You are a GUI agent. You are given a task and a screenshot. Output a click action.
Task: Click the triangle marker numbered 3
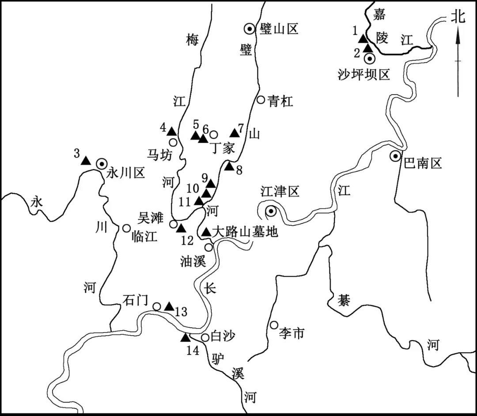pos(86,161)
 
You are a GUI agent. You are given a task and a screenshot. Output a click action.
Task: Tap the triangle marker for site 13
pos(169,306)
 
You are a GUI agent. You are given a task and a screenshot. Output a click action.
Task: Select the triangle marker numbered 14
pos(185,337)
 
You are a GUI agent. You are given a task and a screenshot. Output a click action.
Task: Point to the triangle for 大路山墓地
pos(207,232)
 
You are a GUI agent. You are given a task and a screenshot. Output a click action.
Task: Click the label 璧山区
pos(279,29)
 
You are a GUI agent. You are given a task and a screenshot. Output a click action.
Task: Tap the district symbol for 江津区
pos(271,211)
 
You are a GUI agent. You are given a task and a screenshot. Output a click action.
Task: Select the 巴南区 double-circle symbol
pos(395,156)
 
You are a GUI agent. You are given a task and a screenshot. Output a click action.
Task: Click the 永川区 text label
pos(125,174)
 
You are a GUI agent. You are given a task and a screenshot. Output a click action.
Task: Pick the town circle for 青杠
pos(261,99)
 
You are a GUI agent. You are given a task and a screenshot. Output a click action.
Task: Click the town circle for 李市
pos(274,325)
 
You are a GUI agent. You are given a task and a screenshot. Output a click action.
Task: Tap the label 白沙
pos(223,336)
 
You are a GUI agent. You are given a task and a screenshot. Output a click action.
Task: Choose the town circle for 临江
pos(126,228)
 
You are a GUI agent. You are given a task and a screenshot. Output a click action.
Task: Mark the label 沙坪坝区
pos(364,74)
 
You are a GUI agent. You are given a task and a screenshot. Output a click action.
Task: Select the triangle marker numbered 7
pos(235,133)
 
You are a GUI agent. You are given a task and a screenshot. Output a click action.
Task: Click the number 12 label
pos(187,241)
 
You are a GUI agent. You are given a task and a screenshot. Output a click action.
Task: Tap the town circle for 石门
pos(156,306)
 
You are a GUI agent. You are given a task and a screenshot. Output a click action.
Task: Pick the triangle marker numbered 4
pos(171,131)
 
